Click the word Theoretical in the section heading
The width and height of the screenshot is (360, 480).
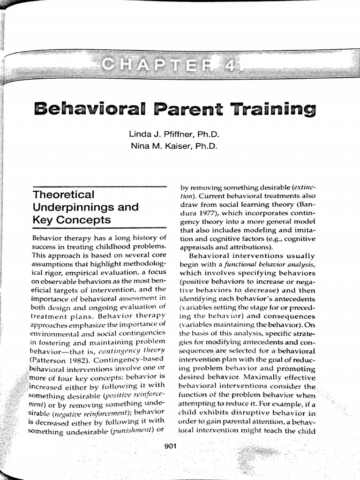pyautogui.click(x=63, y=195)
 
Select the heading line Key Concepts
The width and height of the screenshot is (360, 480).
pyautogui.click(x=71, y=220)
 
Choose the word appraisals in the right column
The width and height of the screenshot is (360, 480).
pyautogui.click(x=197, y=247)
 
